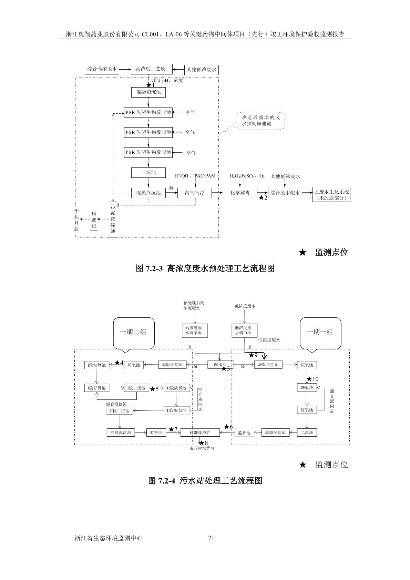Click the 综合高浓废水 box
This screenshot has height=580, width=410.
pyautogui.click(x=102, y=69)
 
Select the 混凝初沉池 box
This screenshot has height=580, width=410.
pyautogui.click(x=148, y=92)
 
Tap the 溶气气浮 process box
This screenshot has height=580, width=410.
pyautogui.click(x=194, y=193)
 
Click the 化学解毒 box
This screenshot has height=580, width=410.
pyautogui.click(x=240, y=193)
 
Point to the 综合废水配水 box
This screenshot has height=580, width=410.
pyautogui.click(x=285, y=193)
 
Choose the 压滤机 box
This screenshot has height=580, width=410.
pyautogui.click(x=94, y=219)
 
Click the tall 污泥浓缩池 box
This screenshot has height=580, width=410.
pyautogui.click(x=113, y=219)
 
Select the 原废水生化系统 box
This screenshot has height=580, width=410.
pyautogui.click(x=331, y=195)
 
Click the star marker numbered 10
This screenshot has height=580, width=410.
pyautogui.click(x=309, y=379)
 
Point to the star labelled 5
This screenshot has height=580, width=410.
pyautogui.click(x=152, y=389)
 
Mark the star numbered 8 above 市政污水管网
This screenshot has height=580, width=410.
pyautogui.click(x=202, y=443)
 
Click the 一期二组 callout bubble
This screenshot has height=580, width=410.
pyautogui.click(x=133, y=332)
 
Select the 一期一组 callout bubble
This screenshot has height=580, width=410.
pyautogui.click(x=320, y=332)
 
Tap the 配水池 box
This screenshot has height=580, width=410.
pyautogui.click(x=220, y=365)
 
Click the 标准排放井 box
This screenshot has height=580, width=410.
pyautogui.click(x=200, y=433)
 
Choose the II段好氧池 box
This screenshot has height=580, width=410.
pyautogui.click(x=177, y=410)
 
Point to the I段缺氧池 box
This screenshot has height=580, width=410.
pyautogui.click(x=97, y=365)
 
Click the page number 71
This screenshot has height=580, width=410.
pyautogui.click(x=212, y=538)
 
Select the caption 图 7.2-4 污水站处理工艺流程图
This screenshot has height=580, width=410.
pyautogui.click(x=205, y=480)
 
